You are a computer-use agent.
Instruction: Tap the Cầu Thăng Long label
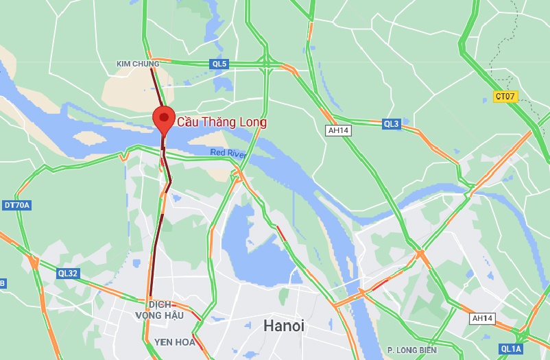coord(222,123)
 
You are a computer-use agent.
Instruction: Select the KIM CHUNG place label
coord(137,64)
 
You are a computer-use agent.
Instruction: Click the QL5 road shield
coord(219,64)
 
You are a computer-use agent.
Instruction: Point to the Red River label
coord(228,154)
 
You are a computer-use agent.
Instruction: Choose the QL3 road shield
coord(391,124)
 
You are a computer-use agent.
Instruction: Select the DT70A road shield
coord(17,205)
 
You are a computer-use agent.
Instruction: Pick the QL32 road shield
coord(68,273)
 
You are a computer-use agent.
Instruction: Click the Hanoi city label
coord(283,326)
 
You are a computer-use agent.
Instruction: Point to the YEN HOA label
coord(174,341)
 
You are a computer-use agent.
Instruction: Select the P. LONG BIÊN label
coord(411,350)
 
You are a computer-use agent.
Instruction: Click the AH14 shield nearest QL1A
coord(482,319)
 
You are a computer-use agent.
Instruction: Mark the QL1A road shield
coord(511,349)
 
